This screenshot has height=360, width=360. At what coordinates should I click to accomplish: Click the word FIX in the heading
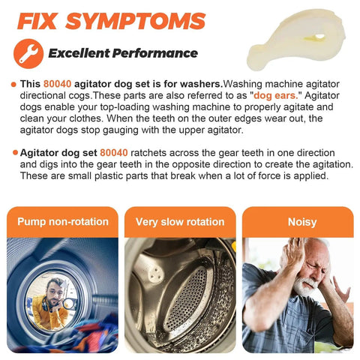(37, 21)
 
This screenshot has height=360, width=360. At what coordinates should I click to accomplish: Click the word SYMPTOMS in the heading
(136, 21)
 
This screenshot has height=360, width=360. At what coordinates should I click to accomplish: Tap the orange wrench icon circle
(28, 53)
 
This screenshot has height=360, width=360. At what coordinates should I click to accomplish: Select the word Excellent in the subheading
(79, 53)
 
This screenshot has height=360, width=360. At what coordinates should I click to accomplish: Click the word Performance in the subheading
(155, 53)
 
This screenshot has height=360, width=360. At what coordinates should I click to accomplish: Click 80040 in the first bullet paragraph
(57, 84)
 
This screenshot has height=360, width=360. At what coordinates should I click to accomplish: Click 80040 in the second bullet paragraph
(114, 152)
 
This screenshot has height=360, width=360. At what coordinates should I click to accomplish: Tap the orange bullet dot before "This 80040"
(13, 85)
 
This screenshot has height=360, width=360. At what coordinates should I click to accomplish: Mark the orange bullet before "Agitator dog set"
(15, 152)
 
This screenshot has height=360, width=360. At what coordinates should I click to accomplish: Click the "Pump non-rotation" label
(63, 222)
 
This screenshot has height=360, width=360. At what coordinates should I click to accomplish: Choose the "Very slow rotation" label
(180, 222)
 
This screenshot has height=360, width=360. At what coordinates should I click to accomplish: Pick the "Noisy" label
(302, 222)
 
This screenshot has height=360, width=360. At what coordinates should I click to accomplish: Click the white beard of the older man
(305, 286)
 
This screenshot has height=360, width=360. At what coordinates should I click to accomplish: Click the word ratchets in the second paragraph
(148, 152)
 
